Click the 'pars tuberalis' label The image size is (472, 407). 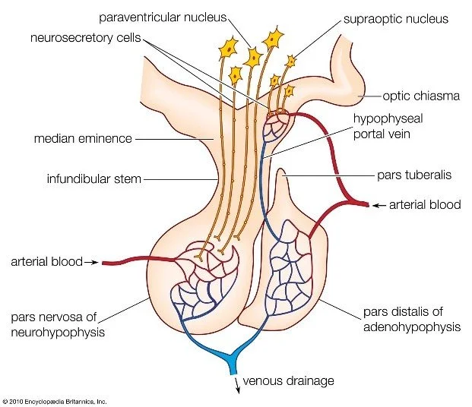(x=415, y=174)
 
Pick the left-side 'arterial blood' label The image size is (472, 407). (x=45, y=263)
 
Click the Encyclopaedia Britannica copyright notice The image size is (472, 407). (x=55, y=400)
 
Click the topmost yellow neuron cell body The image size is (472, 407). (x=270, y=36)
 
